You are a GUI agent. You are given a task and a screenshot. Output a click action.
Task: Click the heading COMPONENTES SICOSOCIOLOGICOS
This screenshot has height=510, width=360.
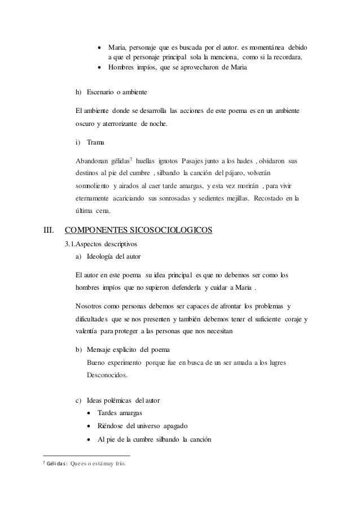point(139,230)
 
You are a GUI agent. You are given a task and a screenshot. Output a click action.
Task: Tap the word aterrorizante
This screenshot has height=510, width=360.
point(122,124)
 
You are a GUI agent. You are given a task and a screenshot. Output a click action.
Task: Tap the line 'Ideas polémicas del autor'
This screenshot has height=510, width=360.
point(118,400)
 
